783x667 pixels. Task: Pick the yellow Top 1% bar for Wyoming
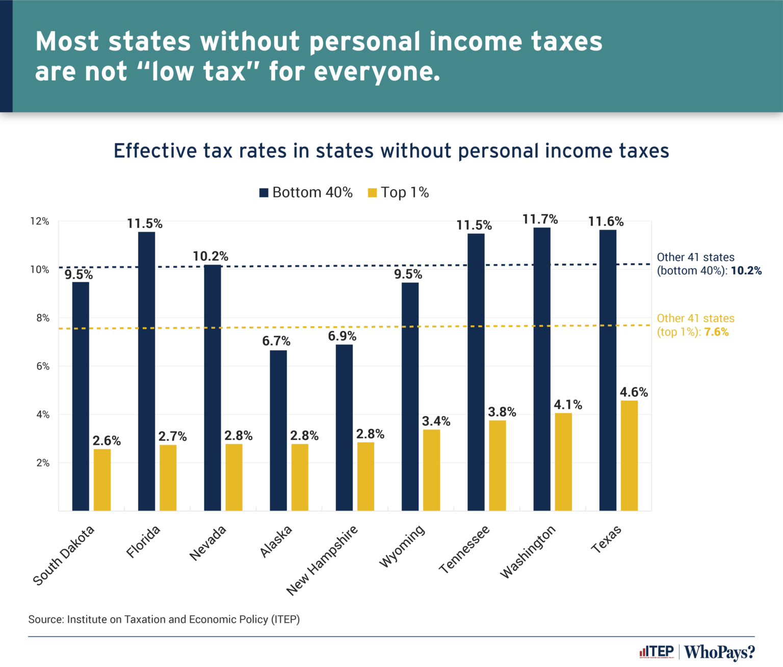click(x=431, y=470)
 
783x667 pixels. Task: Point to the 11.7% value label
click(x=540, y=219)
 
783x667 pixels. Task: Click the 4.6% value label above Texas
click(x=634, y=392)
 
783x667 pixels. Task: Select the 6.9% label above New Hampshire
click(x=342, y=336)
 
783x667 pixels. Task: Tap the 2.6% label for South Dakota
click(x=107, y=441)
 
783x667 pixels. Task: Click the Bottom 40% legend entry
click(x=306, y=192)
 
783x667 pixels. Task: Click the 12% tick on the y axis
click(x=40, y=221)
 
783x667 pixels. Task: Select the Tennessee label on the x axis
click(x=464, y=549)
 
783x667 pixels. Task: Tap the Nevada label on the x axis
click(x=207, y=543)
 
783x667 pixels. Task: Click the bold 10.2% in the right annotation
click(x=746, y=271)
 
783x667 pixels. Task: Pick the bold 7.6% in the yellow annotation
click(x=716, y=332)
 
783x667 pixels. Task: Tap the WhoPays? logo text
click(x=719, y=652)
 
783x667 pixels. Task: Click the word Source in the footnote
click(x=45, y=619)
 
